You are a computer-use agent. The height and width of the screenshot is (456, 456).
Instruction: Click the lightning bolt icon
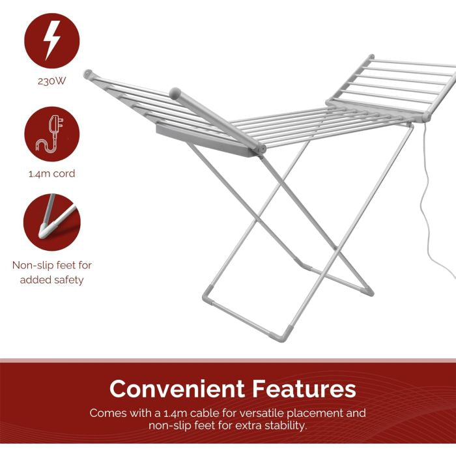click(51, 40)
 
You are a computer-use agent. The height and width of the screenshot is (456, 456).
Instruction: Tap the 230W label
click(51, 82)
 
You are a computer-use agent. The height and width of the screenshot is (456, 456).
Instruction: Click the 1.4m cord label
click(51, 174)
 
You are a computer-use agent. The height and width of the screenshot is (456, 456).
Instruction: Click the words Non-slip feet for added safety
click(51, 272)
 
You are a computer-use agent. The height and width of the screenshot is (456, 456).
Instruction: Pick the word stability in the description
click(282, 425)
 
